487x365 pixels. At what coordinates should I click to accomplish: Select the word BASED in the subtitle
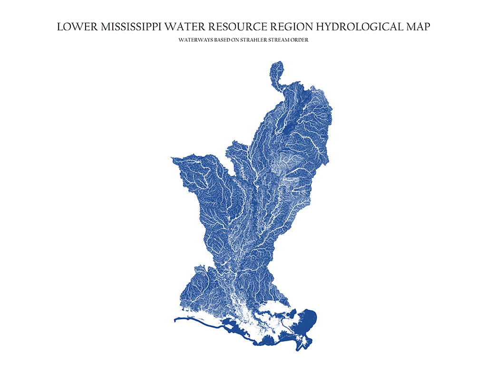coord(221,40)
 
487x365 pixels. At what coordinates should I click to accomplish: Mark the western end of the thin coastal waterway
coord(176,320)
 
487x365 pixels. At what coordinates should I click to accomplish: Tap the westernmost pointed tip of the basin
coord(173,159)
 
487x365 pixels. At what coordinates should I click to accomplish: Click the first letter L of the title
coord(59,27)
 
